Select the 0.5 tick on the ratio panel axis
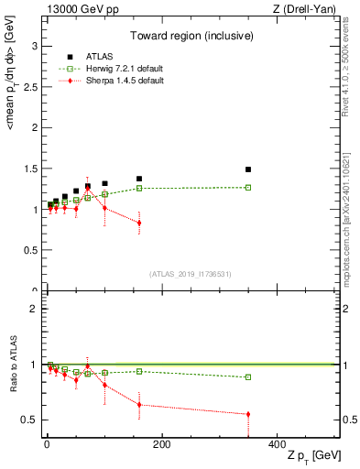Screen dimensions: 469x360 pyautogui.click(x=32, y=420)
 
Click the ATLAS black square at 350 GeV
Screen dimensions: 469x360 pyautogui.click(x=248, y=169)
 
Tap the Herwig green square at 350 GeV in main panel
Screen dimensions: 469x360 pyautogui.click(x=248, y=188)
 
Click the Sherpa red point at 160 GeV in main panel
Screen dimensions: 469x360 pyautogui.click(x=139, y=223)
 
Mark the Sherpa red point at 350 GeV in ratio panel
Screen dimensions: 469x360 pyautogui.click(x=248, y=414)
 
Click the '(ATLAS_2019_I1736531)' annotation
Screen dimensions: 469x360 pyautogui.click(x=191, y=274)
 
